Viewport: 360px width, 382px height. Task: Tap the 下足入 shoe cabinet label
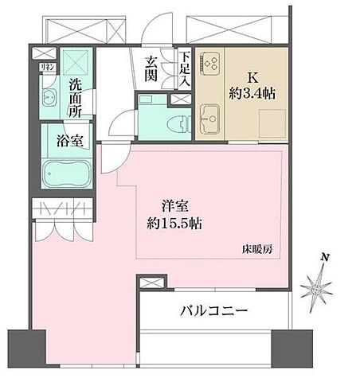pos(185,70)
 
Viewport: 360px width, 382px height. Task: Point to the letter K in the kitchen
pos(253,78)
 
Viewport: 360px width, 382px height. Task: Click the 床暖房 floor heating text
pos(257,248)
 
